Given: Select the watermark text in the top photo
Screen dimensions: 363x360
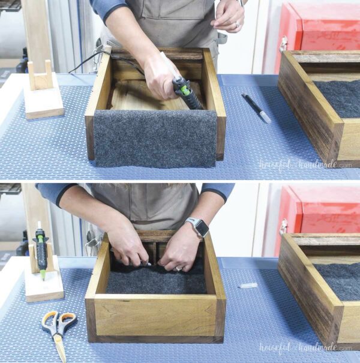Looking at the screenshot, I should (305, 164).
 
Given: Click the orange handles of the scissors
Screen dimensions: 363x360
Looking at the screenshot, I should (59, 322).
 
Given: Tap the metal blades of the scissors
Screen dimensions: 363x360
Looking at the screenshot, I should (59, 349).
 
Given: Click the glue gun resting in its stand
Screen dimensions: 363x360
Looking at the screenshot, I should (41, 249).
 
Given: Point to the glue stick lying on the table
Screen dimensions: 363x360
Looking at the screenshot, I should (247, 286).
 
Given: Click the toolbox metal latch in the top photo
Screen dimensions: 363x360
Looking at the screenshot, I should (283, 44).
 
